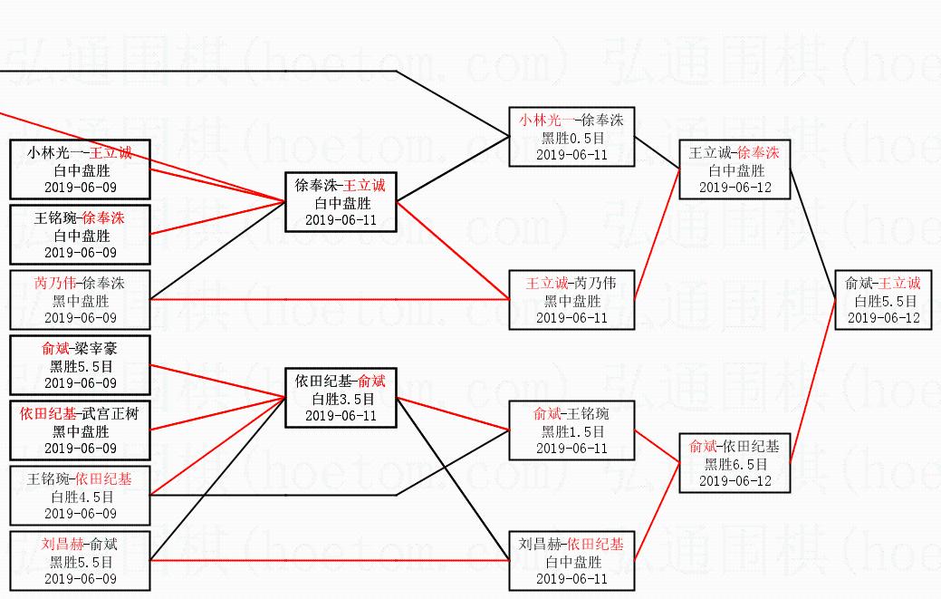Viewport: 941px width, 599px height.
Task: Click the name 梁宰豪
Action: tap(96, 348)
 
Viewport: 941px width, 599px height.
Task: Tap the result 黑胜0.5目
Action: tap(571, 137)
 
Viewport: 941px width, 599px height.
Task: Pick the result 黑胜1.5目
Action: tap(571, 431)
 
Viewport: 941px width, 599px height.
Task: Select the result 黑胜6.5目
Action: tap(735, 464)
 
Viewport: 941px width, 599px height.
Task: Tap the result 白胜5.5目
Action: tap(883, 301)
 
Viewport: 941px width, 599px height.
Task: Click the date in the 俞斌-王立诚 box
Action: tap(883, 318)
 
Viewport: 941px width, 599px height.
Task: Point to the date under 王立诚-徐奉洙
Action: tap(735, 188)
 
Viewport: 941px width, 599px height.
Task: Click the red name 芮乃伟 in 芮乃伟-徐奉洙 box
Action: tap(54, 283)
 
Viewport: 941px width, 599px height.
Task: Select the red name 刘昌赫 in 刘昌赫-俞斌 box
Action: tap(62, 544)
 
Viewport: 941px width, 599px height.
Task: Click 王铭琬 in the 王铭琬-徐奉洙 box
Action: tap(53, 217)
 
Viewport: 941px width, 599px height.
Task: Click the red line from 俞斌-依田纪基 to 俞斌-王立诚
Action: tap(813, 381)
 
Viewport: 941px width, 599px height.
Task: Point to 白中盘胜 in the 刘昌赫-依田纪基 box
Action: tap(571, 562)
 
